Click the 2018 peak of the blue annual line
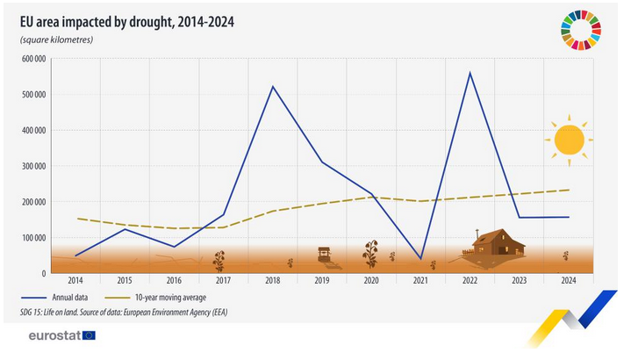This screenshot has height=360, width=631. [x=273, y=86]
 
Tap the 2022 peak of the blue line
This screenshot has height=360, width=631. [x=470, y=72]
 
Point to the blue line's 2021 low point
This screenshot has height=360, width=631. [x=420, y=259]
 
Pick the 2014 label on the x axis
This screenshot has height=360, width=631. [x=75, y=280]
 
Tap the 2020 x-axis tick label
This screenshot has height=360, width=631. [x=371, y=280]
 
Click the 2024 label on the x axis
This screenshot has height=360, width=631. [x=569, y=280]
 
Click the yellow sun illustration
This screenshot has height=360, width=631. [x=569, y=139]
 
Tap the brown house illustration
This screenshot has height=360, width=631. [x=497, y=242]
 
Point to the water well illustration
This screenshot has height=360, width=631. [x=324, y=256]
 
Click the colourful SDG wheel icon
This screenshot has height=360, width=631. [x=581, y=29]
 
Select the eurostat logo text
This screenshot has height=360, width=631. [x=54, y=335]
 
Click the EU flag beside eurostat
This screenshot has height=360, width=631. [x=89, y=335]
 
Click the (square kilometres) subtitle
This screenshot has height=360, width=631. [x=56, y=40]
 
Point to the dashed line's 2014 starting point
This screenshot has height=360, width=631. [x=76, y=219]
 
